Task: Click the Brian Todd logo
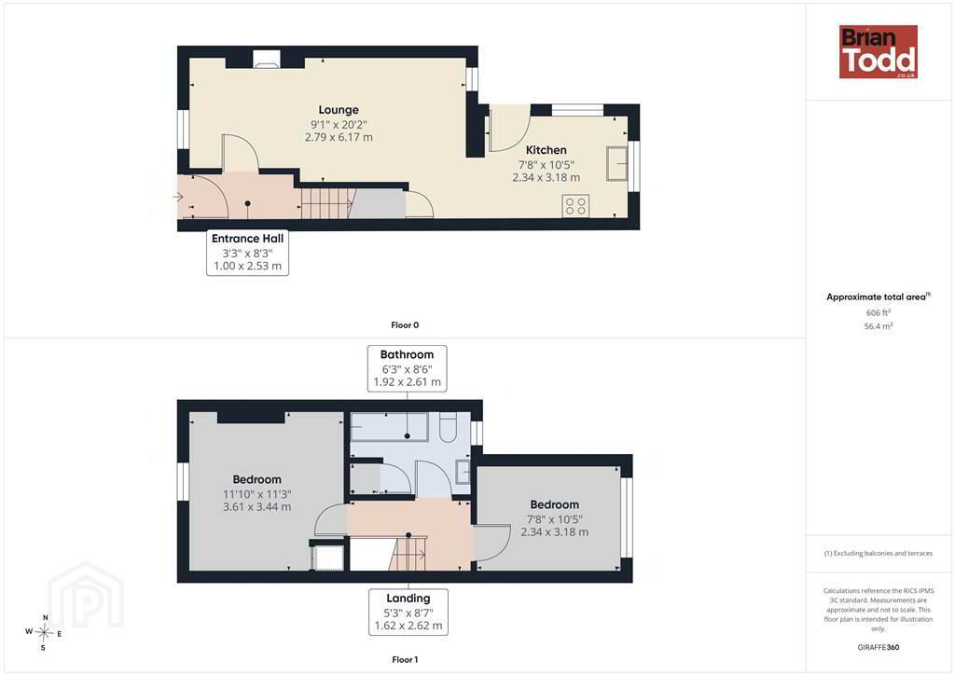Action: click(879, 51)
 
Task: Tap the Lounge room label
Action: click(339, 110)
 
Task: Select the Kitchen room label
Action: click(547, 150)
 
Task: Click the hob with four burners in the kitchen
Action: click(575, 205)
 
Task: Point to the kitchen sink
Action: click(617, 163)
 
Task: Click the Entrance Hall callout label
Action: click(247, 252)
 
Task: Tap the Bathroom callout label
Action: click(407, 368)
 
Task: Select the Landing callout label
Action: click(408, 612)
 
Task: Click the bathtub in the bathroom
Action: click(390, 426)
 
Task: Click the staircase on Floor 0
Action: click(328, 202)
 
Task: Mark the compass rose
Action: click(44, 633)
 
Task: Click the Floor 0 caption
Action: click(405, 325)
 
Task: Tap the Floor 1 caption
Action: click(405, 659)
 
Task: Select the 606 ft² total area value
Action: click(879, 312)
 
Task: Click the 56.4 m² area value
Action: click(879, 326)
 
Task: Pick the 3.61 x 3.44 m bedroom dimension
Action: click(257, 506)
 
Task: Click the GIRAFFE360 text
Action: click(879, 647)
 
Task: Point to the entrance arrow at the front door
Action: click(178, 197)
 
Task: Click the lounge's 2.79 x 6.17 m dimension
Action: click(339, 137)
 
